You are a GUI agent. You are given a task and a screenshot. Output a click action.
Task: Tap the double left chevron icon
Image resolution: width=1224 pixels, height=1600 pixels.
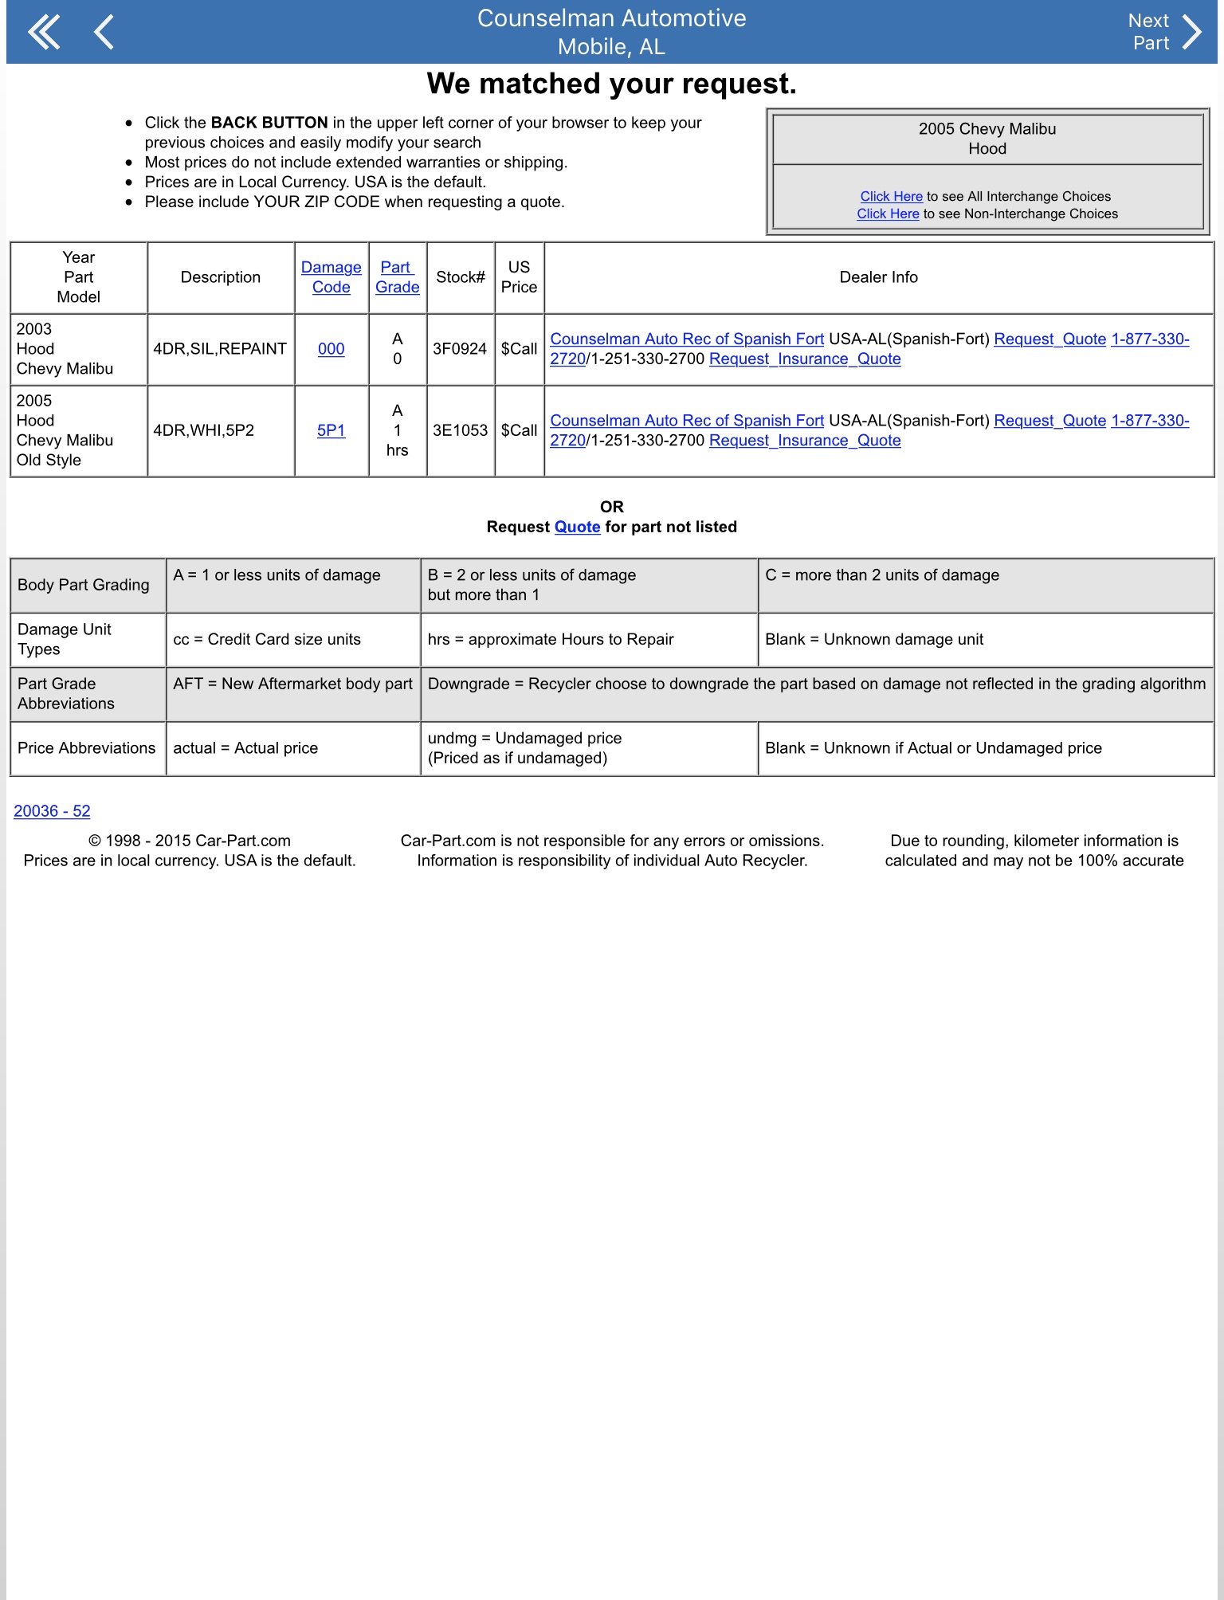pos(44,33)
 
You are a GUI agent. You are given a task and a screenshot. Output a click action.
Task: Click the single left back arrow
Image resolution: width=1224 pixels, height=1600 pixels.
pos(104,33)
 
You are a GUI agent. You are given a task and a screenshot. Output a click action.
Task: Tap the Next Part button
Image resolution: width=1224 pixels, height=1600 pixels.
pos(1164,32)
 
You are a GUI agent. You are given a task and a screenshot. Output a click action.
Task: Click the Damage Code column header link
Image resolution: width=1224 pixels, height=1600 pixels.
pos(331,277)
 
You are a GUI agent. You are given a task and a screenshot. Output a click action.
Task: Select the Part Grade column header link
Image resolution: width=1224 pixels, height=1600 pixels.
pos(397,277)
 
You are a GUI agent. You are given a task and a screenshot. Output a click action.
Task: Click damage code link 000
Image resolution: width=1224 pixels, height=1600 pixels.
pos(331,349)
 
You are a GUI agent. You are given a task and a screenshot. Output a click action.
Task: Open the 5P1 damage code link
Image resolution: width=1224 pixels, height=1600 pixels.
pos(331,430)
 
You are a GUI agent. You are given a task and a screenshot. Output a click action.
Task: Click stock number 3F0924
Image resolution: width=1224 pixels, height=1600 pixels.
pos(460,349)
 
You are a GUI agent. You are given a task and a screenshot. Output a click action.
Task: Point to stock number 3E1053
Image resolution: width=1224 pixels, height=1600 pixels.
pos(460,430)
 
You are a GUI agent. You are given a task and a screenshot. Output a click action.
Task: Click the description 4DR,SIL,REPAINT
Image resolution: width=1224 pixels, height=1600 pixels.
pos(220,349)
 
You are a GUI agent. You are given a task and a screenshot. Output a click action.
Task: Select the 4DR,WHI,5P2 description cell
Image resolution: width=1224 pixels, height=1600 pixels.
pos(204,430)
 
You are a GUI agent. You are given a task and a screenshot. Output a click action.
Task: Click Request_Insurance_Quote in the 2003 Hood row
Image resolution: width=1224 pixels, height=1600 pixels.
pos(805,359)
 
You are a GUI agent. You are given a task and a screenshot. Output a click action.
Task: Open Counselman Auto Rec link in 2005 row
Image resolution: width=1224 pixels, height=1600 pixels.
pos(687,421)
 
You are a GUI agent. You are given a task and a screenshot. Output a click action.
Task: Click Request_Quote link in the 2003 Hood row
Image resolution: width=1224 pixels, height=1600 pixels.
pos(1049,339)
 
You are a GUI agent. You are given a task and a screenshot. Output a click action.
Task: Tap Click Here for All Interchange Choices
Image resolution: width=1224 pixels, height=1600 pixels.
pos(891,197)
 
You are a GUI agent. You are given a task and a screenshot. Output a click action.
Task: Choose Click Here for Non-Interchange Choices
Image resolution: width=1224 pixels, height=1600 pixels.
pos(888,214)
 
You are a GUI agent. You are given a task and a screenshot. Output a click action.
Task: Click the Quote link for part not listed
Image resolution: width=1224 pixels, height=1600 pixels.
pos(577,527)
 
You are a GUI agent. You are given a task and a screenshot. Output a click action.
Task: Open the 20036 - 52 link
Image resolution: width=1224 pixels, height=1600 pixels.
pos(52,811)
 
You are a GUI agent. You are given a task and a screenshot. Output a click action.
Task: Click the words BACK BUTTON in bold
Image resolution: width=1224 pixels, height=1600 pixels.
pos(269,123)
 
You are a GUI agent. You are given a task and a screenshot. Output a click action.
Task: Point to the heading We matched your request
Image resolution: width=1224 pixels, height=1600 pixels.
pos(611,84)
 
